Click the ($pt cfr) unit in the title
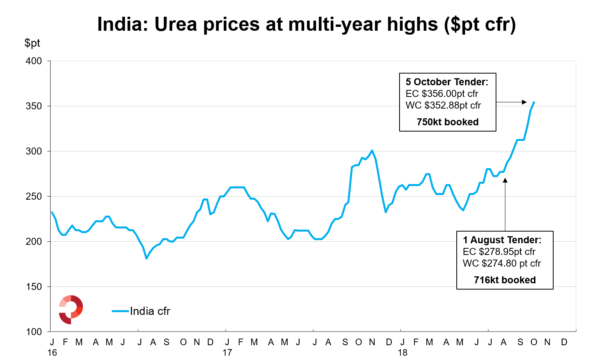point(480,24)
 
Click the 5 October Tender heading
point(447,82)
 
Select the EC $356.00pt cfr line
point(442,94)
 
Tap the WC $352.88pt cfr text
point(443,105)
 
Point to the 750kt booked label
point(447,122)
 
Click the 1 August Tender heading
point(502,240)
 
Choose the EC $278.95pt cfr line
point(499,252)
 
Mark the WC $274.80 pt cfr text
point(502,263)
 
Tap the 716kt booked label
point(505,280)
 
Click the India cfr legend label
point(150,311)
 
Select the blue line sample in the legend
point(120,311)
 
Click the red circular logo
point(71,310)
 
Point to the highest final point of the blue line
point(534,102)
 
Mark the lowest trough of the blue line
point(146,258)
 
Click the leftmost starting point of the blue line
point(52,212)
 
